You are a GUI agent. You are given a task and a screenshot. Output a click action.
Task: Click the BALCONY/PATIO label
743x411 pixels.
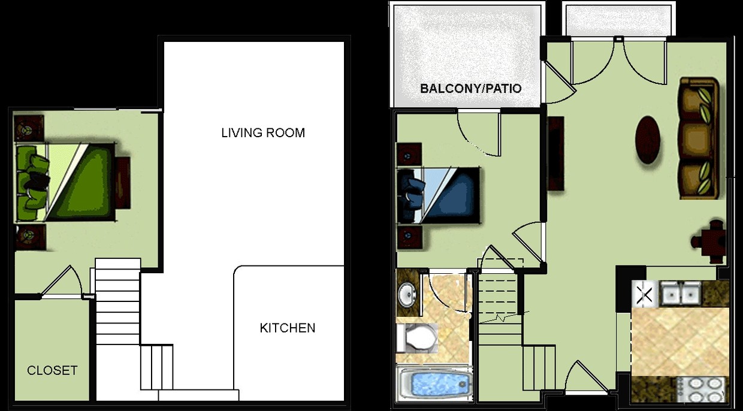(x=471, y=89)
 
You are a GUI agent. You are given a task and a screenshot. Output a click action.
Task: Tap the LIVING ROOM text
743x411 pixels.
(x=263, y=132)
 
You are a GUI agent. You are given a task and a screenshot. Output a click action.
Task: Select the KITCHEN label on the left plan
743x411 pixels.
(x=287, y=328)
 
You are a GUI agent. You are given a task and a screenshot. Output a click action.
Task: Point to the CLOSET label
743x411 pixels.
(x=52, y=370)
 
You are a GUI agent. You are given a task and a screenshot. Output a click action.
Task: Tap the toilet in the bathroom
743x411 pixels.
(x=416, y=338)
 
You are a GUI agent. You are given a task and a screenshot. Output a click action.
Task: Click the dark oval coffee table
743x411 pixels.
(x=647, y=140)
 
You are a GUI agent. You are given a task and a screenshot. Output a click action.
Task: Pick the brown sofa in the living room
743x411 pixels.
(x=698, y=138)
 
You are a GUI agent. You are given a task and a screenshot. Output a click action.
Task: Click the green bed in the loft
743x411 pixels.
(x=66, y=182)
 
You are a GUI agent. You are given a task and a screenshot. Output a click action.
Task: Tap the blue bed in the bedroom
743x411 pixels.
(x=439, y=195)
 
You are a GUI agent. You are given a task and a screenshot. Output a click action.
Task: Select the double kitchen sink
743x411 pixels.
(x=681, y=293)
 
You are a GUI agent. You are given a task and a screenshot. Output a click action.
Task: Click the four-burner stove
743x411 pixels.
(x=702, y=390)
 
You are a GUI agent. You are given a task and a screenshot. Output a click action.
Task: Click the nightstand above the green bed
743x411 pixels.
(x=29, y=128)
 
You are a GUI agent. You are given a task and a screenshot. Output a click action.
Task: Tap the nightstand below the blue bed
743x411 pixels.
(x=410, y=237)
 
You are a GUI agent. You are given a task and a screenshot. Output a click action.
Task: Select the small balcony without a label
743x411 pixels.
(x=618, y=19)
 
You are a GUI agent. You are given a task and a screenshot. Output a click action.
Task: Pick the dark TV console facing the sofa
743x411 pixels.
(x=555, y=153)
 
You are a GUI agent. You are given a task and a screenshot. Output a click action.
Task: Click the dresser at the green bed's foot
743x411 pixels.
(x=123, y=183)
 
